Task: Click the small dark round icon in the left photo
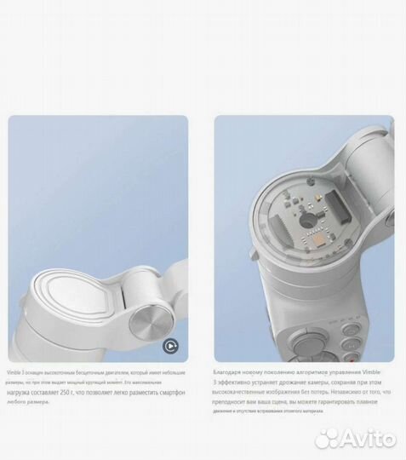pyautogui.click(x=169, y=346)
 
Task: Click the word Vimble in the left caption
pyautogui.click(x=17, y=373)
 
